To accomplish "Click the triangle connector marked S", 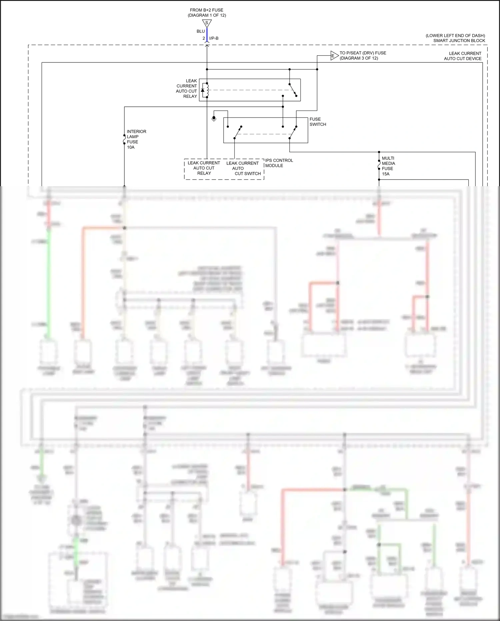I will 207,23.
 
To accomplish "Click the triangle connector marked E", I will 334,56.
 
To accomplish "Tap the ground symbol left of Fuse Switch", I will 214,118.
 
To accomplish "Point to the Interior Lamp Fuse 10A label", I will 136,139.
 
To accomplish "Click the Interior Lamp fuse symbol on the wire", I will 124,139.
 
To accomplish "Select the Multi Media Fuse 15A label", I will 388,166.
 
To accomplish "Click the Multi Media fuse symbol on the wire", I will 379,165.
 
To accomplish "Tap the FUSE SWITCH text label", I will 318,121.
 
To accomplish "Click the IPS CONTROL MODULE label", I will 279,163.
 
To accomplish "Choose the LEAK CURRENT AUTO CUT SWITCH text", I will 243,168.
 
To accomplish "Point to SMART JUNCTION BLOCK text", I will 459,41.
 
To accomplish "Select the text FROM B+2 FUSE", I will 207,10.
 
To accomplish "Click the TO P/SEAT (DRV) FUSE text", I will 363,53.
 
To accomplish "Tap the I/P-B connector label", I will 214,38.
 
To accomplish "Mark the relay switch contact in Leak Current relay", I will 293,90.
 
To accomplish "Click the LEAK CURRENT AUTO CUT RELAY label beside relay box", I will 187,88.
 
